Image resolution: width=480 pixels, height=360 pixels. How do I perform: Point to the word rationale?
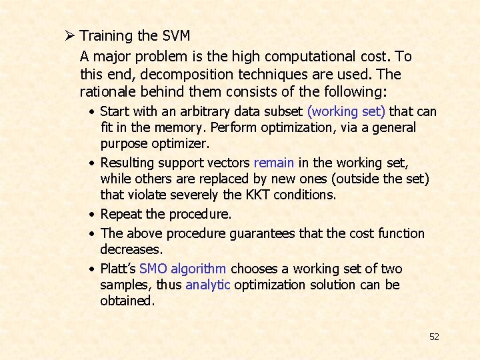click(109, 91)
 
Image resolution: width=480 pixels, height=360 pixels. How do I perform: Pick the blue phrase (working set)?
click(346, 111)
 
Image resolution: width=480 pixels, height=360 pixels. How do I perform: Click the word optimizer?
click(183, 143)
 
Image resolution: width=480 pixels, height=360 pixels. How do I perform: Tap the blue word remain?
click(274, 163)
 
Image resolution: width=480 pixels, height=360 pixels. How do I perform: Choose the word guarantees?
click(263, 233)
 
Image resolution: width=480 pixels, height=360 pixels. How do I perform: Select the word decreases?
click(131, 249)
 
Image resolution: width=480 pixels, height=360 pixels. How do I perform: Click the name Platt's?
click(118, 269)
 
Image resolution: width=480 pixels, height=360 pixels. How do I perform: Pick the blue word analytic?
click(208, 285)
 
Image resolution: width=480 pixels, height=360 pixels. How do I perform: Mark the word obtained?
click(127, 301)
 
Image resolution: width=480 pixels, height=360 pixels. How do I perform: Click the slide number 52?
click(434, 337)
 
